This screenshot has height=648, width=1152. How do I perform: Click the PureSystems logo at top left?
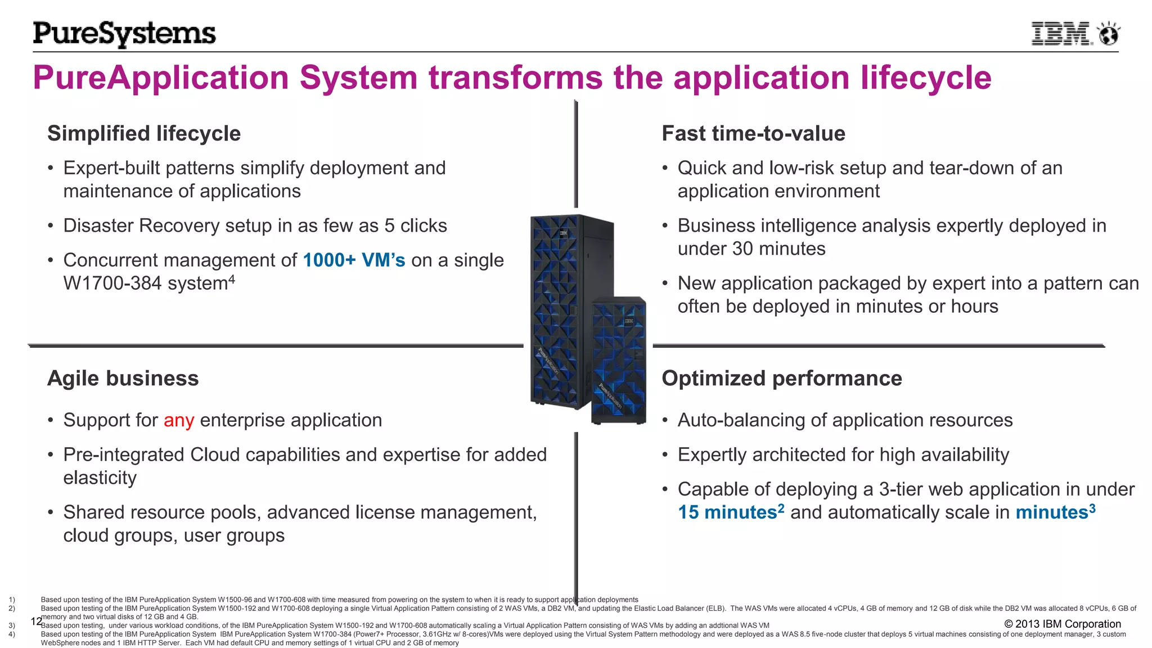[124, 34]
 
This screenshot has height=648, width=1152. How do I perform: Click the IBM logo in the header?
[1061, 34]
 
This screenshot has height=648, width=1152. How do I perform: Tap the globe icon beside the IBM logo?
[1109, 34]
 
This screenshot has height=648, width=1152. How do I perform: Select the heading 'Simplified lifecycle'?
[144, 134]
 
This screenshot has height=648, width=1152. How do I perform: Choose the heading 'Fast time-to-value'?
[753, 134]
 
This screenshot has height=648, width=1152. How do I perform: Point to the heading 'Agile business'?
[123, 379]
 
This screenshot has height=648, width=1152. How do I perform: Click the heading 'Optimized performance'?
[781, 379]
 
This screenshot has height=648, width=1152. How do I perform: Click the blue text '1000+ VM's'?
[354, 260]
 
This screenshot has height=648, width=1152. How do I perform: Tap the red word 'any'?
[179, 421]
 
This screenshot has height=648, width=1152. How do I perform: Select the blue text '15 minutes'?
[727, 513]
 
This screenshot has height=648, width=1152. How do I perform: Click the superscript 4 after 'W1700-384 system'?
[231, 280]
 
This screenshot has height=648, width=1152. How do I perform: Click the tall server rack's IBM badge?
[563, 233]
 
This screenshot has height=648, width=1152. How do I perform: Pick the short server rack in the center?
[618, 360]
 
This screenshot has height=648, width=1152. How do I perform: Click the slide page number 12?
[36, 622]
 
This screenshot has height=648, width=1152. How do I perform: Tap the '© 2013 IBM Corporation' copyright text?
[1062, 624]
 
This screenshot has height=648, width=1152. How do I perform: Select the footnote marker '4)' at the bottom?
[12, 634]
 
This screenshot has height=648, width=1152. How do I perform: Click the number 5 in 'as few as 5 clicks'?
[389, 226]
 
